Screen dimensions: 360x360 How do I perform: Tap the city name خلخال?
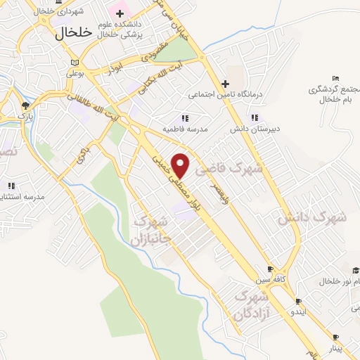[74, 32]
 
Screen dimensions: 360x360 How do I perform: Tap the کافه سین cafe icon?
[270, 269]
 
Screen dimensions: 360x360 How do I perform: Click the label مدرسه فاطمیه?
[163, 129]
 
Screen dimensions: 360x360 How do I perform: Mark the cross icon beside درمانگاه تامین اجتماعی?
[224, 84]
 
